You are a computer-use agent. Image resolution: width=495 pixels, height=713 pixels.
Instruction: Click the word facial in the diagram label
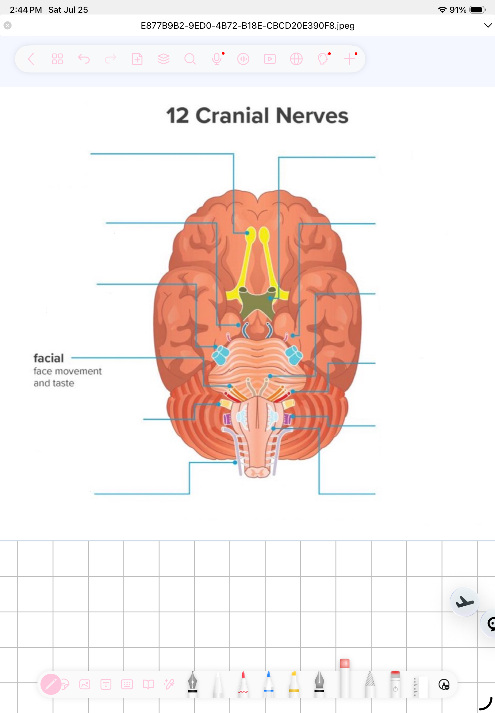point(49,358)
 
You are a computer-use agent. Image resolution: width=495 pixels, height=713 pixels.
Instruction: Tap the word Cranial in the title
point(232,115)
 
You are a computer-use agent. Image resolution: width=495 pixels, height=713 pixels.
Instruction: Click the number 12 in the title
point(177,115)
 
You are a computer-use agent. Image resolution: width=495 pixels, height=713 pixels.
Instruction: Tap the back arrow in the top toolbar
point(31,59)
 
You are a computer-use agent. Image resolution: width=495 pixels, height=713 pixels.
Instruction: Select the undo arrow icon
point(84,59)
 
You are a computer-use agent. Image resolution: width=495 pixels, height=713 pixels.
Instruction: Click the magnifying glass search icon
point(190,59)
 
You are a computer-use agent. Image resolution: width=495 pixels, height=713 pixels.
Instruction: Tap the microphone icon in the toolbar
point(217,59)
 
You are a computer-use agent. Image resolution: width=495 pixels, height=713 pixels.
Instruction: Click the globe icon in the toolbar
point(296,59)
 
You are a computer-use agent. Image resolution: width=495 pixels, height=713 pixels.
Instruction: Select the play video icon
point(270,59)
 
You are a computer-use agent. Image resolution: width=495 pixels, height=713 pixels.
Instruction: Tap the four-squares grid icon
point(57,59)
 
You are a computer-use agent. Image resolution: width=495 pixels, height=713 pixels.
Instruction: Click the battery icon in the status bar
point(477,10)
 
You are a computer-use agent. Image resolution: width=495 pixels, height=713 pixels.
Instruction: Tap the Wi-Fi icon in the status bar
point(442,10)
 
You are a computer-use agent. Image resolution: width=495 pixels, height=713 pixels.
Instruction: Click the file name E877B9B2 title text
point(247,25)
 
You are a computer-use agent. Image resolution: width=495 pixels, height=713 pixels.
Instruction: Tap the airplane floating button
point(464,602)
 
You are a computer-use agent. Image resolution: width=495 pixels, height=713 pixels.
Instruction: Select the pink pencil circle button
point(51,684)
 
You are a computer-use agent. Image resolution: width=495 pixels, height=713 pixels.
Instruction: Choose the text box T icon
point(106,684)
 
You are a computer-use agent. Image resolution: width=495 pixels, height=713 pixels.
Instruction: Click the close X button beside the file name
point(8,25)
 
